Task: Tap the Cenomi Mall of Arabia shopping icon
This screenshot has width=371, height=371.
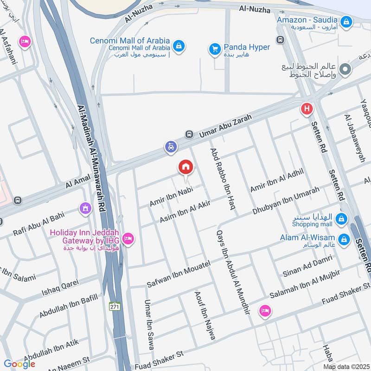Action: (x=179, y=45)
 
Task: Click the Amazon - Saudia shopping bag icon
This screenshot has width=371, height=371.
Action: (x=346, y=21)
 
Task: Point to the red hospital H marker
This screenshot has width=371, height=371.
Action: (x=306, y=109)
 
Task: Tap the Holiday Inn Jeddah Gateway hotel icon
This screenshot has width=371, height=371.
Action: (x=128, y=239)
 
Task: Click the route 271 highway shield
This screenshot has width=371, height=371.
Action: (x=115, y=306)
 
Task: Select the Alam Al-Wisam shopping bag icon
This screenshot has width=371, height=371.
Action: (x=344, y=239)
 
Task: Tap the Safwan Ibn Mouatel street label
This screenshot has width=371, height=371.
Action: (x=179, y=273)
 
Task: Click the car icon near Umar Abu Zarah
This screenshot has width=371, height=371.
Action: (x=171, y=147)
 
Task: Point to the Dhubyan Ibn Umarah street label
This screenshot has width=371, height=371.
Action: (x=286, y=200)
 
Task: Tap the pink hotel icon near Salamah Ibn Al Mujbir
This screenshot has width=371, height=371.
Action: (x=265, y=311)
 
